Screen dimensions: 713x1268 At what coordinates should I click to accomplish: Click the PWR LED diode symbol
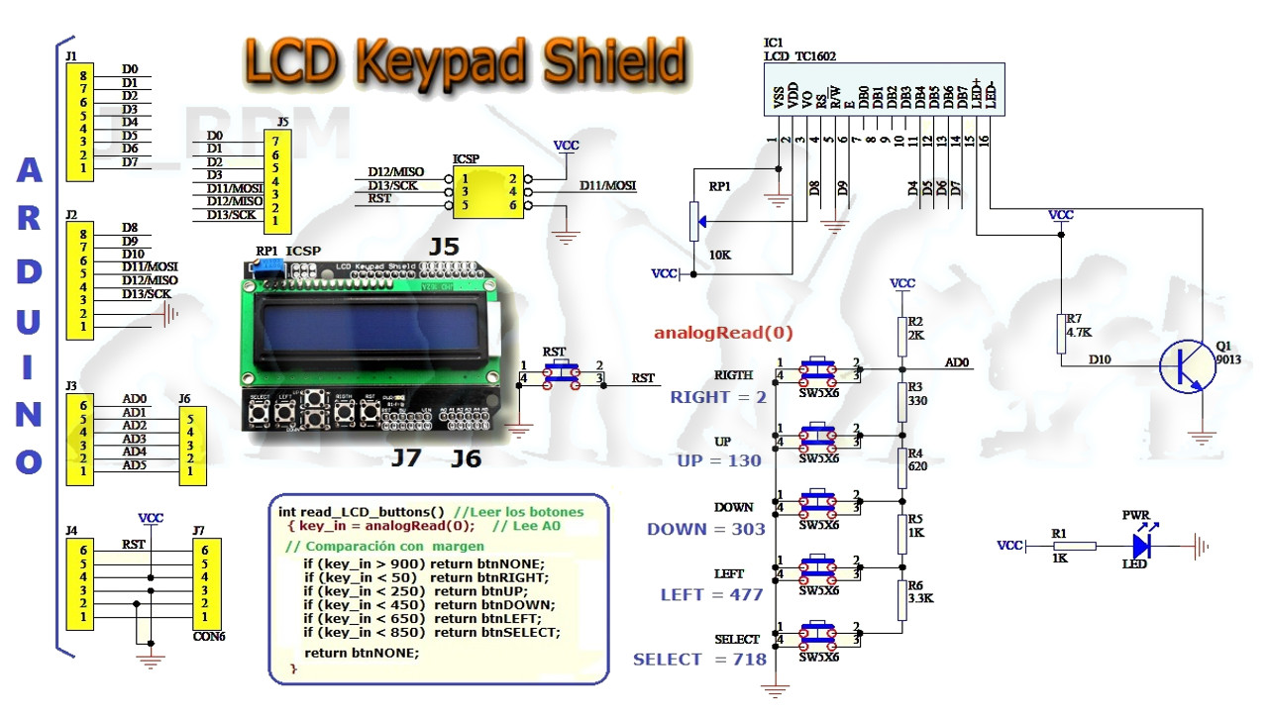click(1142, 545)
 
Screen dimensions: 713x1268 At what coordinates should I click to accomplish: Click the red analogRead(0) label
click(723, 333)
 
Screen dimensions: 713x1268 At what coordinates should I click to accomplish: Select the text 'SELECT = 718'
click(699, 660)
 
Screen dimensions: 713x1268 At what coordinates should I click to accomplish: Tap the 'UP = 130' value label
click(719, 460)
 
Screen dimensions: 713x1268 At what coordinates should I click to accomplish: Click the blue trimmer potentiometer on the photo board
click(269, 265)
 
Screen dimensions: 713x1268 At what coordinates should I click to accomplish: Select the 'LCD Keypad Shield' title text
click(465, 61)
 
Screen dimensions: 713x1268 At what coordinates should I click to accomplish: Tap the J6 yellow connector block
click(192, 446)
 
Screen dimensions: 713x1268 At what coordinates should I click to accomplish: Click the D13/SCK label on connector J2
click(146, 294)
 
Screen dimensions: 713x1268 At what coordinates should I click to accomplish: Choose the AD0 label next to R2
click(957, 363)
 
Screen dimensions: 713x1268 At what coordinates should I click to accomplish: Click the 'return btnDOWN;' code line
click(429, 605)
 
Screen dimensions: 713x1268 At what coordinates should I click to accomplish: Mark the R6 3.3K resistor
click(902, 597)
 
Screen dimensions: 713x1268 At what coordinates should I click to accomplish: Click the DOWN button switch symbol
click(818, 503)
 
